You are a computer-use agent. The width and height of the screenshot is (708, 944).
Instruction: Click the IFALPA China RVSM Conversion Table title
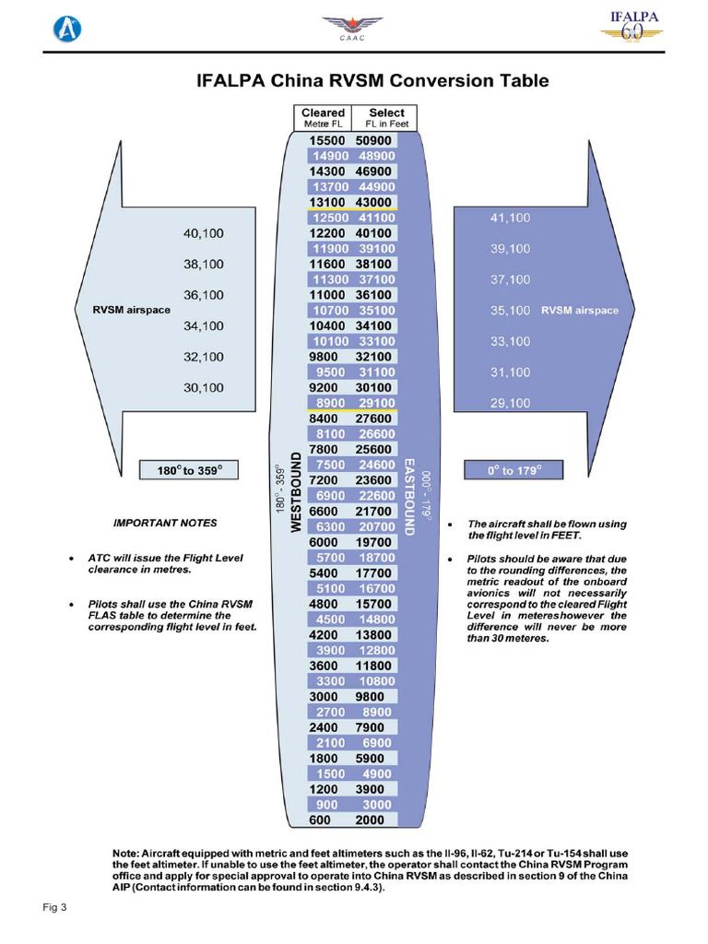click(x=372, y=81)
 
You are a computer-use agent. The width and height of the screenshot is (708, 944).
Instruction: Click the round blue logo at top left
click(x=65, y=29)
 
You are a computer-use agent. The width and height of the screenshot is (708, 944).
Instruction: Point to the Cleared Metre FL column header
click(x=323, y=117)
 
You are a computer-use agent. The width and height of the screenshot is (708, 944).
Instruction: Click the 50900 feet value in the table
click(x=374, y=140)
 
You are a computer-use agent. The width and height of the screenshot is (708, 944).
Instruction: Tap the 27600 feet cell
click(x=374, y=419)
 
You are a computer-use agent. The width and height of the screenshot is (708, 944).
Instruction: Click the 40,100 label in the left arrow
click(x=204, y=233)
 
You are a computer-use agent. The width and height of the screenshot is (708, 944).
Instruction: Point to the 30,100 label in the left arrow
click(x=204, y=388)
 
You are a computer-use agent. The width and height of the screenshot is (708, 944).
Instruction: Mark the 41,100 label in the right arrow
click(x=510, y=218)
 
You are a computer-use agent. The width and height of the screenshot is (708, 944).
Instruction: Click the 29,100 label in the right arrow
click(x=510, y=403)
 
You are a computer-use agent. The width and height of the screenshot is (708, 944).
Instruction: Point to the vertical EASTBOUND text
click(x=409, y=496)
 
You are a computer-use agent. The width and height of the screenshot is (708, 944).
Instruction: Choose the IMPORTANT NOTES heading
click(x=165, y=523)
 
